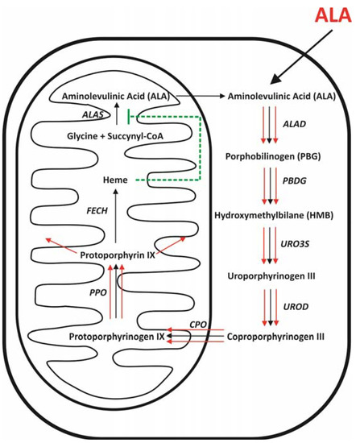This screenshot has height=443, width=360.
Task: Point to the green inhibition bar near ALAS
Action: pyautogui.click(x=140, y=116)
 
